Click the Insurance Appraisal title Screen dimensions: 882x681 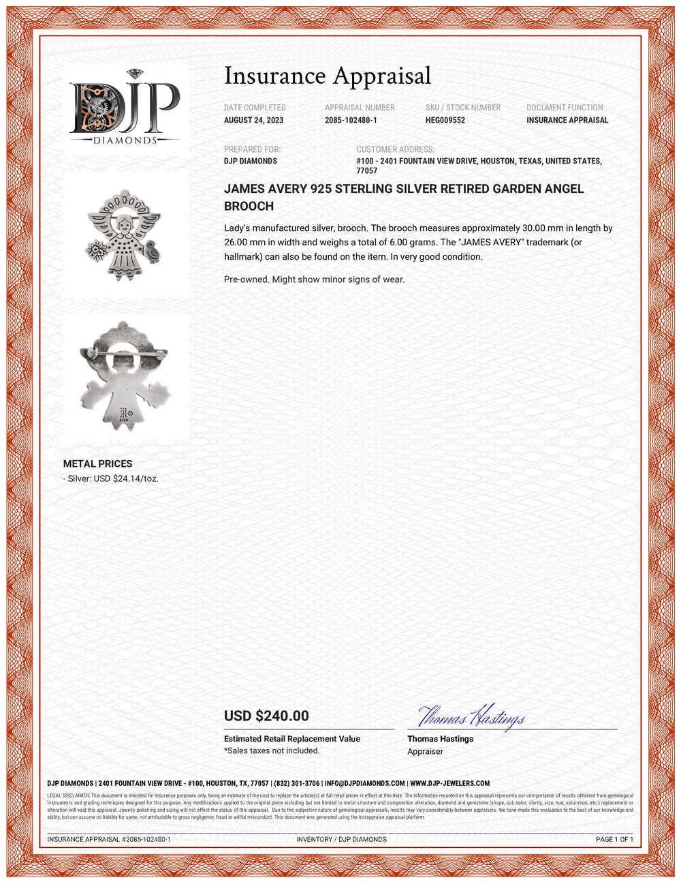pyautogui.click(x=328, y=76)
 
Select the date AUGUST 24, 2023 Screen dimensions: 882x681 pyautogui.click(x=253, y=120)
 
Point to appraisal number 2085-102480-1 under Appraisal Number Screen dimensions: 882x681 pyautogui.click(x=351, y=120)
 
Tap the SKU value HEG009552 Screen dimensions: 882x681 pyautogui.click(x=445, y=120)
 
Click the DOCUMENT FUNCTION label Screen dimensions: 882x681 pyautogui.click(x=565, y=108)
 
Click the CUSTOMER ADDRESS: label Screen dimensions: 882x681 pyautogui.click(x=395, y=149)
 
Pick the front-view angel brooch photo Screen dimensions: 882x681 pyautogui.click(x=124, y=234)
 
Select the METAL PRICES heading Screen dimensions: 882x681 pyautogui.click(x=97, y=463)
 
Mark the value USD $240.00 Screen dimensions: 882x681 pyautogui.click(x=266, y=716)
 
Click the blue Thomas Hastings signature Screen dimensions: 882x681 pyautogui.click(x=471, y=717)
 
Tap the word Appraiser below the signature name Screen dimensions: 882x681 pyautogui.click(x=425, y=751)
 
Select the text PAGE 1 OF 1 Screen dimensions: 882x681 pyautogui.click(x=614, y=839)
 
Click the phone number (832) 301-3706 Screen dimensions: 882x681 pyautogui.click(x=296, y=783)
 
